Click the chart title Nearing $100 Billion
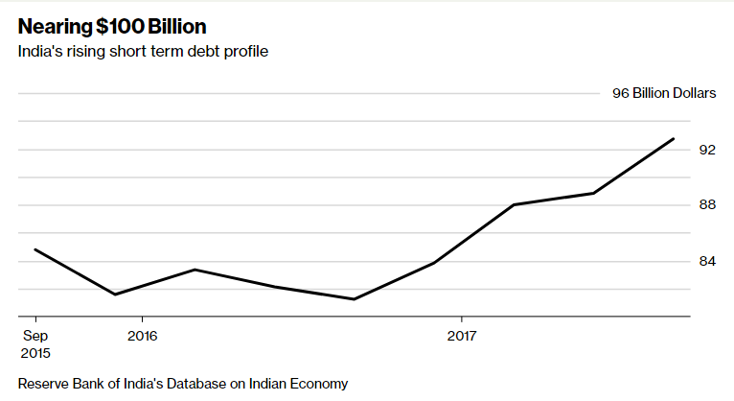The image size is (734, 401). (x=112, y=26)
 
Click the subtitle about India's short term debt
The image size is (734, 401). (x=143, y=51)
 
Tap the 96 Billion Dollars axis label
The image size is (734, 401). (x=663, y=94)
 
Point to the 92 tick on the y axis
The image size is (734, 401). (x=706, y=150)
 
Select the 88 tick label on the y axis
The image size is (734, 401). (x=706, y=204)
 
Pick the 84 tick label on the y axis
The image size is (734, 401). (x=706, y=260)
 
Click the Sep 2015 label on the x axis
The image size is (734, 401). (x=34, y=343)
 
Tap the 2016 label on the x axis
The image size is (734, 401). (x=142, y=336)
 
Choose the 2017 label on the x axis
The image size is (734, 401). (x=462, y=336)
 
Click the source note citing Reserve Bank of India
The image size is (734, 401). (x=182, y=383)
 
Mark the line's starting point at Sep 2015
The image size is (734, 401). (x=35, y=249)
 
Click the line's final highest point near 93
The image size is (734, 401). (x=674, y=138)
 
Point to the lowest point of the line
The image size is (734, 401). (x=354, y=299)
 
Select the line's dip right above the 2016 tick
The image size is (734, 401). (x=116, y=295)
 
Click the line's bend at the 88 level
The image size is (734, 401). (x=514, y=204)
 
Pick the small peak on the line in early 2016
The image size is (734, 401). (x=195, y=270)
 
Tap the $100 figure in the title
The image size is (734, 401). (x=117, y=26)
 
